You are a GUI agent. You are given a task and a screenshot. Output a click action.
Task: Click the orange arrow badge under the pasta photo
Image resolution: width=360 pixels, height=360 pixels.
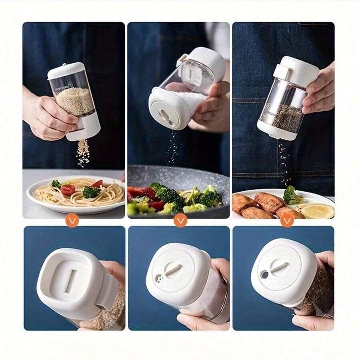click(x=72, y=220)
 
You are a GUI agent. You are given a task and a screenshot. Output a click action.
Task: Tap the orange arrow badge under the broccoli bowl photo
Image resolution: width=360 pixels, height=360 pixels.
click(x=180, y=220)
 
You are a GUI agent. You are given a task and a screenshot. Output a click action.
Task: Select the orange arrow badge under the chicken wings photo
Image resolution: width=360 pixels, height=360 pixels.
click(x=287, y=220)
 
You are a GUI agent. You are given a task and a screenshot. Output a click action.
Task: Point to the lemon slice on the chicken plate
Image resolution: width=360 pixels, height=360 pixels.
click(x=318, y=210)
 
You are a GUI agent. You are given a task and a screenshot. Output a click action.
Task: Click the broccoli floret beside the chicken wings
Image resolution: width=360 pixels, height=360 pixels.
click(x=292, y=195)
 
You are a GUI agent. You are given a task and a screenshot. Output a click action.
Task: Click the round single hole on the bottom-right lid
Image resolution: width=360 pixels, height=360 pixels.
click(x=264, y=275)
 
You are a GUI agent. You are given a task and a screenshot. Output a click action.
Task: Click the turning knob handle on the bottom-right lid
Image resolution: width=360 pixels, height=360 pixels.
click(x=278, y=268)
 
